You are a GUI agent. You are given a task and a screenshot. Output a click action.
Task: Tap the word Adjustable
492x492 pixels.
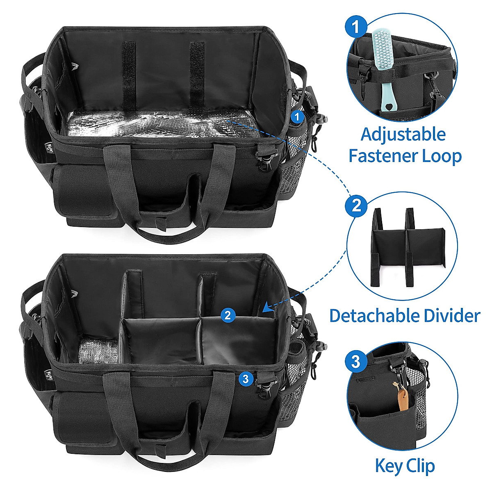coord(403,134)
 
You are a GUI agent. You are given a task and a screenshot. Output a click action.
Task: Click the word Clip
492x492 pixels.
coord(421,467)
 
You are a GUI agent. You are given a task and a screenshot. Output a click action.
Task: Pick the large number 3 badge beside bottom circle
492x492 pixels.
coord(356,362)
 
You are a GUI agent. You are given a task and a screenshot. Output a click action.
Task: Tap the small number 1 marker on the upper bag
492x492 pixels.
coord(298,117)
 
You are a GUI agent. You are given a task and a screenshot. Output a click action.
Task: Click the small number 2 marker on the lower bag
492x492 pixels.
coord(228,315)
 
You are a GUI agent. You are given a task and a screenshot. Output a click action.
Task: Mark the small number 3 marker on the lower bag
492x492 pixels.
coord(245,379)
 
